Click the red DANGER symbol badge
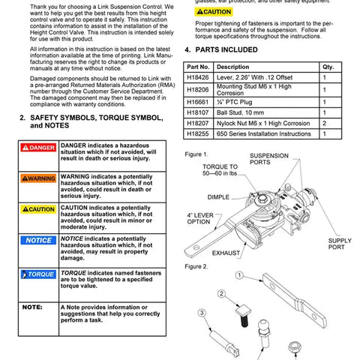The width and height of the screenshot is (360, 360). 38,148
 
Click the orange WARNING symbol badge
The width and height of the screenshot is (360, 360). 38,178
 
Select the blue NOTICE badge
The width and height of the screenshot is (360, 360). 38,241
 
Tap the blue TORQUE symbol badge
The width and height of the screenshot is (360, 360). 38,274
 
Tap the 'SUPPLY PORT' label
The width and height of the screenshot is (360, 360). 339,244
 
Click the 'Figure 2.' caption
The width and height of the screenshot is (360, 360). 197,266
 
